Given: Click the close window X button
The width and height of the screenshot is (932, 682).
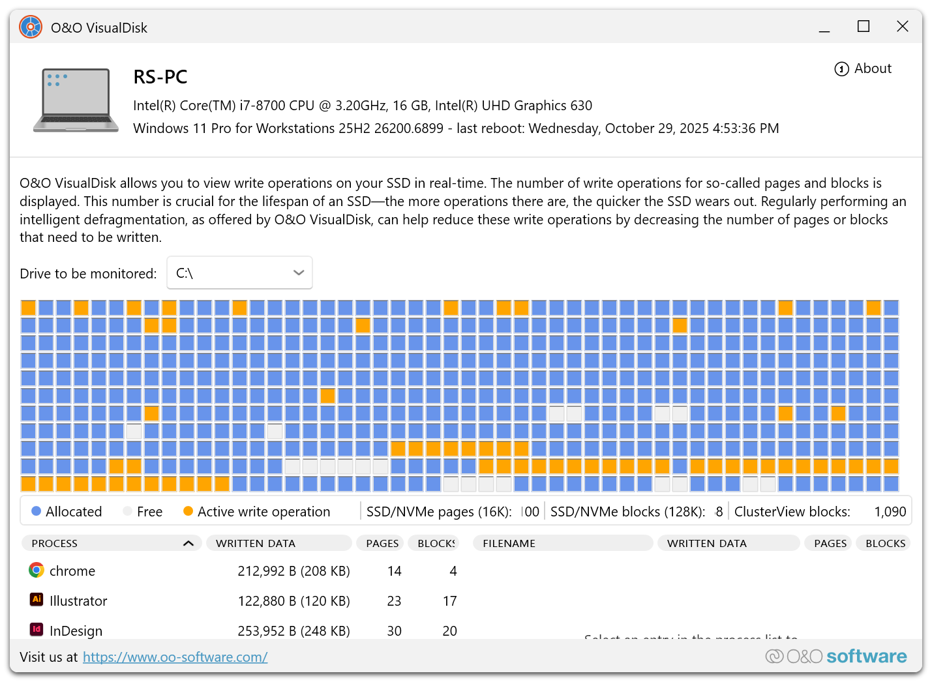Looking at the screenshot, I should coord(902,27).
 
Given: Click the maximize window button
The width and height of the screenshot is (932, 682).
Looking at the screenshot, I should coord(863,27).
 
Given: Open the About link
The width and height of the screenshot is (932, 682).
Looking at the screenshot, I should coord(863,68).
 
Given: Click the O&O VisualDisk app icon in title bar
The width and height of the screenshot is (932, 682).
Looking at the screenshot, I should coord(31,27).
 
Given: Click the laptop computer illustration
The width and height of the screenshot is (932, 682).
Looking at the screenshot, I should coord(76,100).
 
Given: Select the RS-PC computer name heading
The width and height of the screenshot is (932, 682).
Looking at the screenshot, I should coord(160,77).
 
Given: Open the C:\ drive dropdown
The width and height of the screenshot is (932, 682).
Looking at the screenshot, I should coord(239,273).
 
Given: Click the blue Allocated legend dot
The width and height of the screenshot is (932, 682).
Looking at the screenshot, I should coord(37,512).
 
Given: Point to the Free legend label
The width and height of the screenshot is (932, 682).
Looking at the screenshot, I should coord(149,512).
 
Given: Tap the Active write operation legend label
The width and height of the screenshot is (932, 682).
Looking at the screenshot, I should coord(263,512).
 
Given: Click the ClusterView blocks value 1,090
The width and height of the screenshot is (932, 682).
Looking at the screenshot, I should coord(890,512).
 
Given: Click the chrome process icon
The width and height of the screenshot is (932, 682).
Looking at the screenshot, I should coord(37,571).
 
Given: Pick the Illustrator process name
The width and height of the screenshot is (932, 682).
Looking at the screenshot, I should coord(78,601).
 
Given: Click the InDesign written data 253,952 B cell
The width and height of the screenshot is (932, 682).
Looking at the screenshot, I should coord(293,630).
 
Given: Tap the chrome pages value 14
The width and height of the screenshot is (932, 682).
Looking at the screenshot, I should coord(394,571).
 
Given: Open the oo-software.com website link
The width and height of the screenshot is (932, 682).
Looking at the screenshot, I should coord(175,657).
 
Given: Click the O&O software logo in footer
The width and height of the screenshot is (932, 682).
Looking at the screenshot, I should coord(836,657).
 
